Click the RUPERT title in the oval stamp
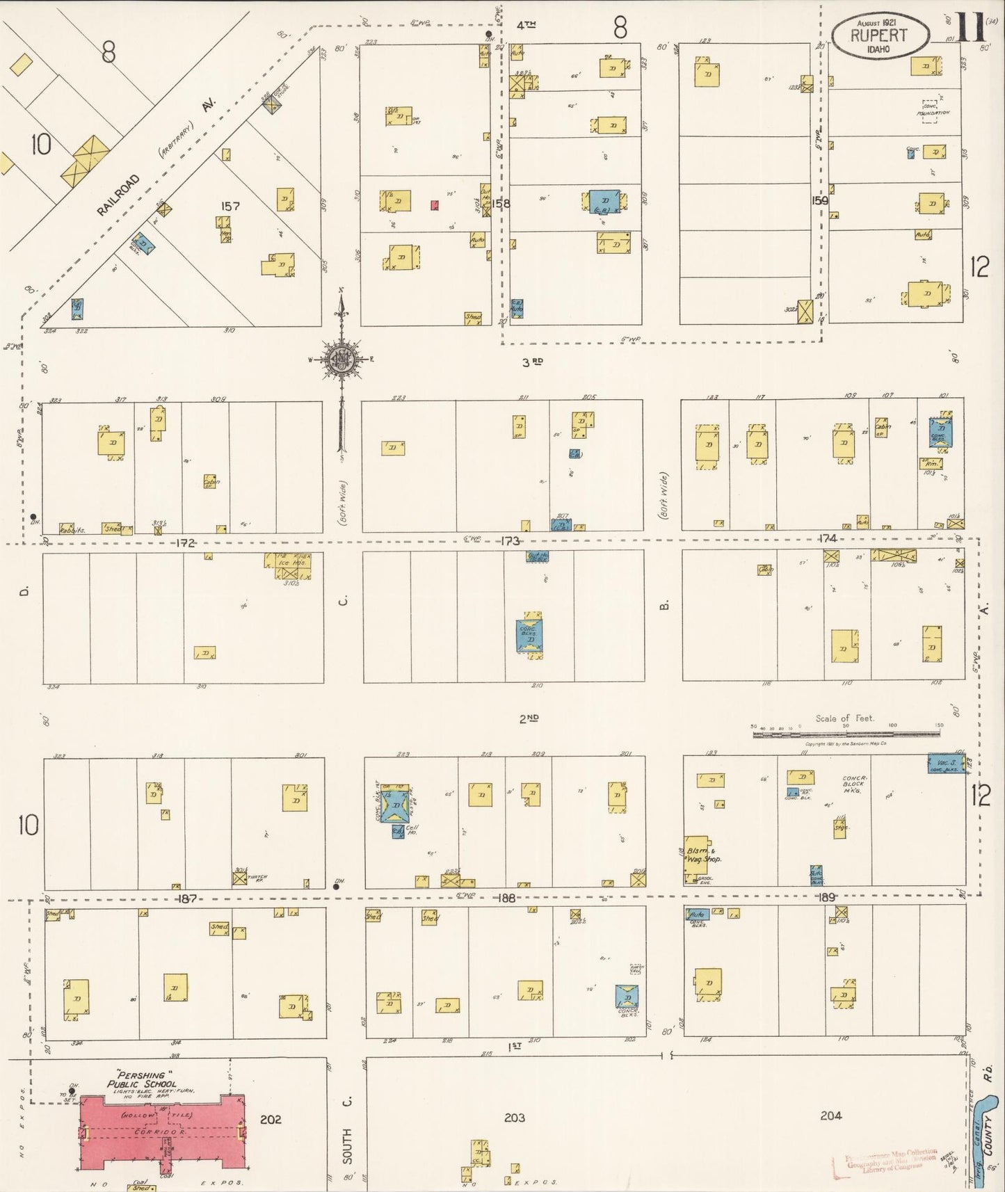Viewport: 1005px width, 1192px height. point(879,35)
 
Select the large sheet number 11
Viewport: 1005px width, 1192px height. point(972,28)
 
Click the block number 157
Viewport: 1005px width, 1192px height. point(230,206)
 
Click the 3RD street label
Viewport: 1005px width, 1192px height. point(531,361)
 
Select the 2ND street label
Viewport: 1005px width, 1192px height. point(529,718)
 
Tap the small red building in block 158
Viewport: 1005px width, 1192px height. point(435,205)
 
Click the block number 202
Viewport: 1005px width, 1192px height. point(271,1120)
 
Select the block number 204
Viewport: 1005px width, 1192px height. point(830,1116)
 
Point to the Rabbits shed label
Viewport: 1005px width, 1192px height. point(71,529)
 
